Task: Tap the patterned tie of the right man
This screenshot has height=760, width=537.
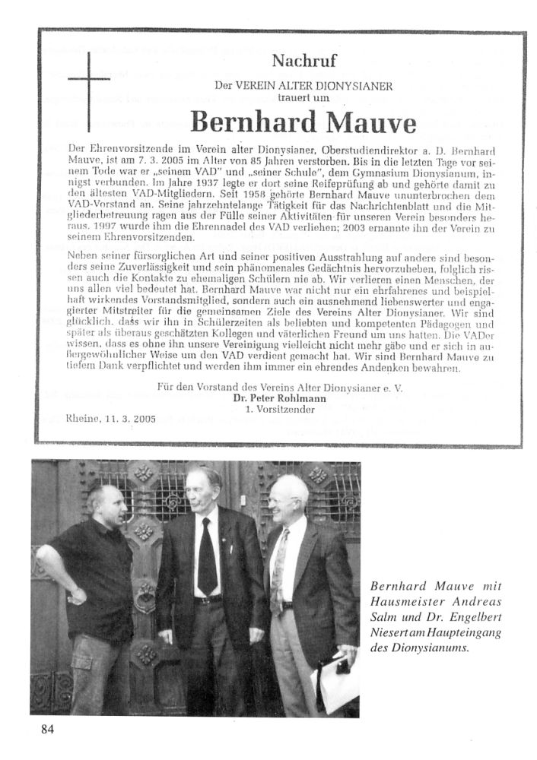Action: (x=279, y=570)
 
